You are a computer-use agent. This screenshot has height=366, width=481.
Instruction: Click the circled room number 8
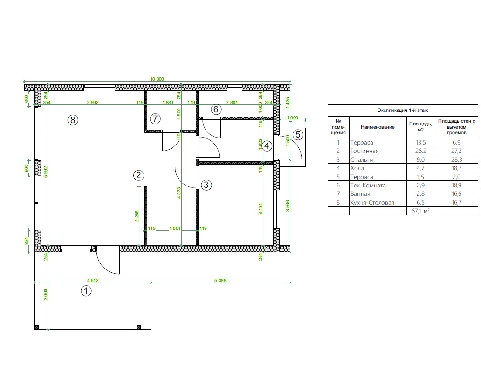pos(73,120)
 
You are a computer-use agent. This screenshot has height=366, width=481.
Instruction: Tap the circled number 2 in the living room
pos(138,175)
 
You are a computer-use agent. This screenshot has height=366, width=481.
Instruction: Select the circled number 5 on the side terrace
pos(298,134)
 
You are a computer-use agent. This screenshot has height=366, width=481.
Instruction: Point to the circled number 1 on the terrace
pos(86,291)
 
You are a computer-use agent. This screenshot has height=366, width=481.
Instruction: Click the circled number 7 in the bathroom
pos(155,119)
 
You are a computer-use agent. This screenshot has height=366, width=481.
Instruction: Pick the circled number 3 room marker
pos(206,185)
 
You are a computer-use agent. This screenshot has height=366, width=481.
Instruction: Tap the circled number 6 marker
pos(216,109)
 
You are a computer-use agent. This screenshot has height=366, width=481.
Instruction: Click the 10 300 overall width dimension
pos(157,79)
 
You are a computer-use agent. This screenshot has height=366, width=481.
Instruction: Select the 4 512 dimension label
pos(93,280)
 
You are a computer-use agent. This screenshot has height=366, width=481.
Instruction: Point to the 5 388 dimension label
pos(220,280)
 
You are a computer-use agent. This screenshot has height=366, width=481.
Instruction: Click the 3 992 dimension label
pos(93,102)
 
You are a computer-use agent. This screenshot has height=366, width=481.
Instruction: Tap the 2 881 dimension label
pos(232,102)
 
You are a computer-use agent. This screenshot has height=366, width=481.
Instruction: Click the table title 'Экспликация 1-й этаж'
pos(403,110)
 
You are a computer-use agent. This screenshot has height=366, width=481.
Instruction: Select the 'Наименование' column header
pos(378,127)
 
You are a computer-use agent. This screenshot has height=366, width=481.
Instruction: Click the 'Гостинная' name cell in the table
pos(364,151)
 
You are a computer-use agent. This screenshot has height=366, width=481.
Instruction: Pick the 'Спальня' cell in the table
pos(362,159)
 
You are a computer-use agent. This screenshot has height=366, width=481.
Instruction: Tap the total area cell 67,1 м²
pos(420,211)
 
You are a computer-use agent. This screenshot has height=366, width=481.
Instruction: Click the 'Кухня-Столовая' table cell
pos(372,202)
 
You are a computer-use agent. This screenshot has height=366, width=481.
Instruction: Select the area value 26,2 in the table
pos(420,151)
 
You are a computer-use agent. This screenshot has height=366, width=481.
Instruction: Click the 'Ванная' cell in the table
pos(360,194)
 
